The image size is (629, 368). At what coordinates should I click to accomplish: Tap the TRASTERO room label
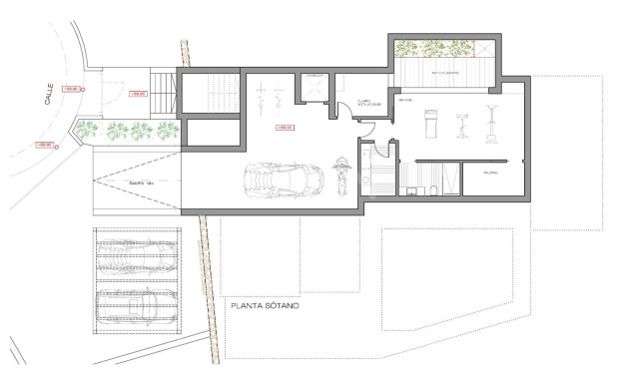490,173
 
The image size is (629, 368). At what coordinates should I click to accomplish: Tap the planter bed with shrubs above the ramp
131,130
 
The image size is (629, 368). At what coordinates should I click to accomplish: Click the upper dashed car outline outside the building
139,254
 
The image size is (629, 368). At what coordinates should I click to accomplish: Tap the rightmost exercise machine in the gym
491,123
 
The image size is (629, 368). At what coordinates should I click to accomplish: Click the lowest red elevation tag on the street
44,146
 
